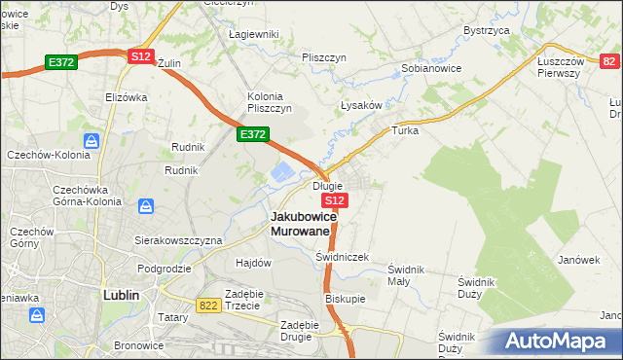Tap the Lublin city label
tap(122, 294)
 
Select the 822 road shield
tap(206, 305)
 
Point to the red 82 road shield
tap(608, 61)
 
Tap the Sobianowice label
tap(431, 69)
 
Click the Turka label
tap(404, 129)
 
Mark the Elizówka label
tap(126, 97)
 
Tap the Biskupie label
tap(346, 299)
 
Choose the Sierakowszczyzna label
tap(179, 239)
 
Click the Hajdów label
tap(253, 263)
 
